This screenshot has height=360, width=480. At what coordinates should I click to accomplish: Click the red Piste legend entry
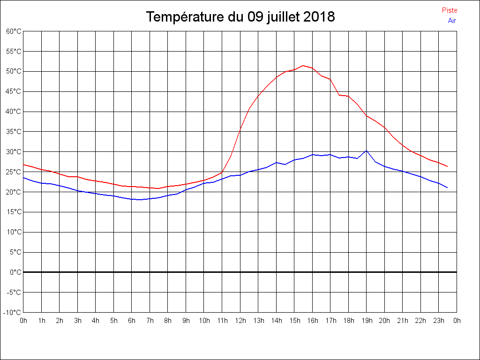coord(449,10)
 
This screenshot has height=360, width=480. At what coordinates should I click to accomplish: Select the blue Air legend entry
coord(452,20)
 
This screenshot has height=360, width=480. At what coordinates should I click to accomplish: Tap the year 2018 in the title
coord(319,17)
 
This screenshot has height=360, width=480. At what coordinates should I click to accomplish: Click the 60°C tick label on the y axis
coord(14,31)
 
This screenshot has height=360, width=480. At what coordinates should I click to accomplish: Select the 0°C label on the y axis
coord(15,272)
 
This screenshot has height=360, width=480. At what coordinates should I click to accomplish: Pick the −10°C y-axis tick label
coord(13,313)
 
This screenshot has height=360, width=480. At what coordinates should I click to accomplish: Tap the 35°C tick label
coord(14,132)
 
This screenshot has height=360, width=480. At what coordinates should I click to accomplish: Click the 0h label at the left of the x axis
coord(23,321)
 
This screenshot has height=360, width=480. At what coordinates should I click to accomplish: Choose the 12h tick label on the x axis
coord(240,321)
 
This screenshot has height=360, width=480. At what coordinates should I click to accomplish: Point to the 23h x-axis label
coord(439,321)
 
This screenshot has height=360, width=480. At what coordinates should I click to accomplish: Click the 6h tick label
coord(132,321)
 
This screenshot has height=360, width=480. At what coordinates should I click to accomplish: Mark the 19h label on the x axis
coord(367,321)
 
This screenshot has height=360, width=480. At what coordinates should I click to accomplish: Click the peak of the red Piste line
coord(303,66)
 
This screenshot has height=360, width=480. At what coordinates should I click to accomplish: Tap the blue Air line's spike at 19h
coord(366,150)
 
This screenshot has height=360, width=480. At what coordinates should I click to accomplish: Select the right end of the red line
coord(448,166)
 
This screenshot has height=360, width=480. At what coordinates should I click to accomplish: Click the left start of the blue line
coord(23,177)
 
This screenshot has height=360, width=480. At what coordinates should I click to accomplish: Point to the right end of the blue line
coord(448,187)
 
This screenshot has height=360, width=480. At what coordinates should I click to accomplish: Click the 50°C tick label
coord(14,71)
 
